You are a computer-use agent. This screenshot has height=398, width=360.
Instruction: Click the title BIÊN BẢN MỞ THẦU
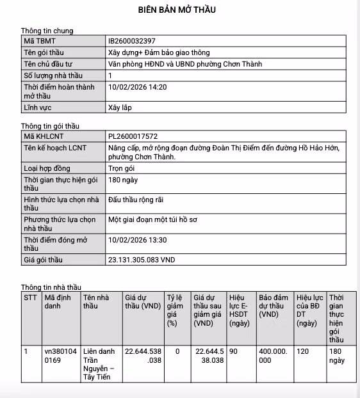177,10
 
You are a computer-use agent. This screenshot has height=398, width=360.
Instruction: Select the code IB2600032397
132,41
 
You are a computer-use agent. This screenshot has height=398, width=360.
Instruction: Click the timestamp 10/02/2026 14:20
138,86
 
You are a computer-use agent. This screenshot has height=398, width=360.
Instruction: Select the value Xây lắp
120,107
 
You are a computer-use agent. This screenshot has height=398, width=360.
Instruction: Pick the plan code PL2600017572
133,136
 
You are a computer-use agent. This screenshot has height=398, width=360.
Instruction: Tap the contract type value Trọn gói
122,168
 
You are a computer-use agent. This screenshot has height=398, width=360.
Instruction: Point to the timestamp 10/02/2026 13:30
138,240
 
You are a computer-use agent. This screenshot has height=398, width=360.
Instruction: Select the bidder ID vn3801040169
60,356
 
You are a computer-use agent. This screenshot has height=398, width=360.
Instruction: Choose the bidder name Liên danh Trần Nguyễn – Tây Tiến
99,364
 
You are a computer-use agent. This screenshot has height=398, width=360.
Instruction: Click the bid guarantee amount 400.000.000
274,356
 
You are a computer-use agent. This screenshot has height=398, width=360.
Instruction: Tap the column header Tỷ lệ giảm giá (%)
175,310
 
